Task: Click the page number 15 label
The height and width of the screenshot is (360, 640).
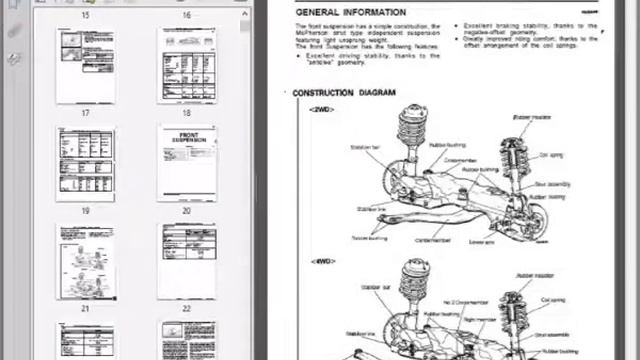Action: click(85, 15)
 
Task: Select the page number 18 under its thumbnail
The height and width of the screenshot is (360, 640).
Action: click(186, 114)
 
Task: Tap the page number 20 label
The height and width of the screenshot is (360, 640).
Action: click(186, 211)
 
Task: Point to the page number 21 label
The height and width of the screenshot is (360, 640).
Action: click(85, 309)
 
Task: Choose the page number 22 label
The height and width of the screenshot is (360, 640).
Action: click(186, 309)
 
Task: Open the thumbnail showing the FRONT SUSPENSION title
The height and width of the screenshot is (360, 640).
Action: click(186, 163)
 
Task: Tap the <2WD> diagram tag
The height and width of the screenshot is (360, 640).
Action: click(322, 108)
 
